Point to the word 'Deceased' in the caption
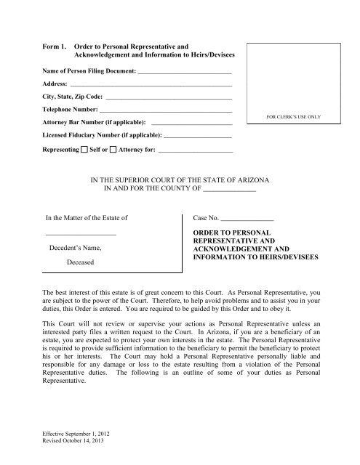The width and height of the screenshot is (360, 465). click(80, 264)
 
